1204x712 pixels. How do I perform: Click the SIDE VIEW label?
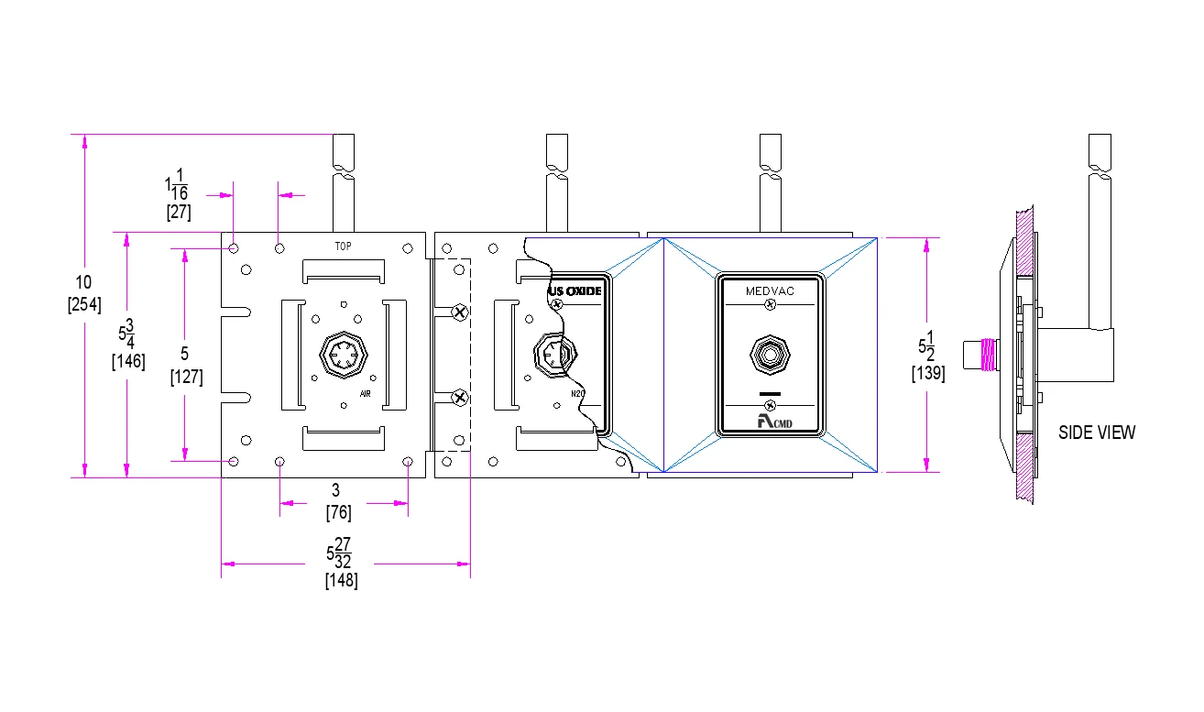[x=1096, y=433]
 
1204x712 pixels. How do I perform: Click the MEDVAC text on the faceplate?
[x=769, y=290]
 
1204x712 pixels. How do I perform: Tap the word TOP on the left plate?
[x=343, y=246]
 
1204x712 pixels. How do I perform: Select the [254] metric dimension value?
[x=84, y=304]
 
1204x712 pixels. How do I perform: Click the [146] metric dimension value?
[x=127, y=361]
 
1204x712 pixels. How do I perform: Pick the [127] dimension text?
[x=186, y=377]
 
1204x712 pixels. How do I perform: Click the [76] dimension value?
[x=338, y=513]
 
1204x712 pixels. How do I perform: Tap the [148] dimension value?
[x=341, y=581]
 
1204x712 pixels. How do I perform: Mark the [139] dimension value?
[x=928, y=373]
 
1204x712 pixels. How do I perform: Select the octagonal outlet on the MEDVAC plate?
[x=769, y=353]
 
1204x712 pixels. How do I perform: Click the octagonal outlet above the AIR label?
[x=342, y=353]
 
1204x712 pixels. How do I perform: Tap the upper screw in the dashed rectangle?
[x=460, y=312]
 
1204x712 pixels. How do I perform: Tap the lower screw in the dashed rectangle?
[x=460, y=398]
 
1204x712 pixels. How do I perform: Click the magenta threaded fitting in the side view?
[x=988, y=354]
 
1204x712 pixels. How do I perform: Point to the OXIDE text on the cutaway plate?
[x=584, y=291]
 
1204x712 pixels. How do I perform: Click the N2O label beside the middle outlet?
[x=578, y=394]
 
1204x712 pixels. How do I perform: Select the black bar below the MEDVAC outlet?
[x=770, y=393]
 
